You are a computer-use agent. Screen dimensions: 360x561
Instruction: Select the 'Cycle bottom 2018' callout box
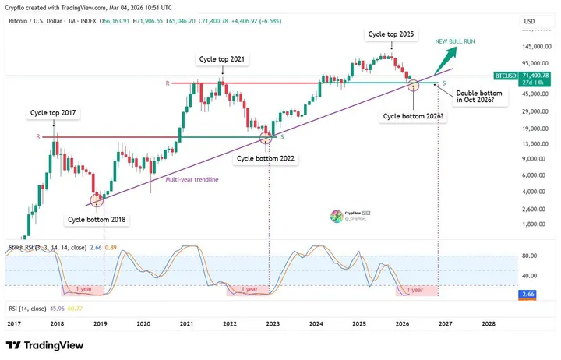pyautogui.click(x=97, y=220)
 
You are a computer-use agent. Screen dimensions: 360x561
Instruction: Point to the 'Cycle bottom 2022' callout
pyautogui.click(x=266, y=158)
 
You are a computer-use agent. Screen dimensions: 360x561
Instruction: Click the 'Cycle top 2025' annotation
pyautogui.click(x=391, y=35)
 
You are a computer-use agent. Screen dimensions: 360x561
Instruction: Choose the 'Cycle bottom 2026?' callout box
pyautogui.click(x=413, y=116)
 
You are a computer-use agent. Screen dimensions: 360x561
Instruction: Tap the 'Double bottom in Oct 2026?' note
pyautogui.click(x=478, y=97)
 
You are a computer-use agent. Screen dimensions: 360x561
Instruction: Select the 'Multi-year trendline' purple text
pyautogui.click(x=192, y=179)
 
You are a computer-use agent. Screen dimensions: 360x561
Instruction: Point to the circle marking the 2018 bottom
pyautogui.click(x=97, y=200)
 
